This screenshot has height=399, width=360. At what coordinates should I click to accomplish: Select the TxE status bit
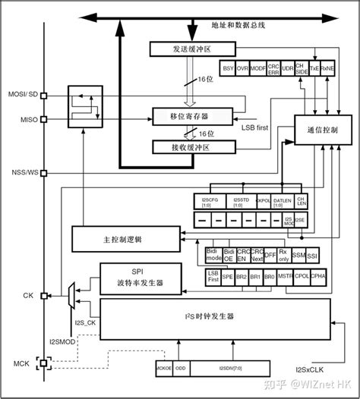314,68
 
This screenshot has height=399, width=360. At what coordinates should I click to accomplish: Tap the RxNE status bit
328,68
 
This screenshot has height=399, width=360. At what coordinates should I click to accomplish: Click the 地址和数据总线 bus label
237,25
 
